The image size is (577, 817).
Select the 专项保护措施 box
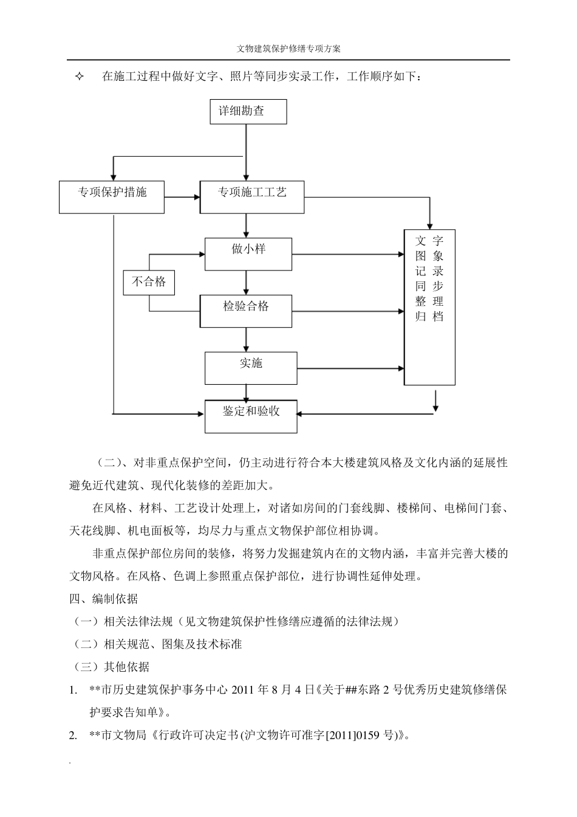112,196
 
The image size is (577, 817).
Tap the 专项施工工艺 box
252,196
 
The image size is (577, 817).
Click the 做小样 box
248,253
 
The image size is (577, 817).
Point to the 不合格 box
149,282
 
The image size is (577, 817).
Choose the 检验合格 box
246,311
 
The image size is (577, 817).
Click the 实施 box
251,368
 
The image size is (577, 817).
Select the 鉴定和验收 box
251,416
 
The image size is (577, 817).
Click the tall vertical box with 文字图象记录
429,307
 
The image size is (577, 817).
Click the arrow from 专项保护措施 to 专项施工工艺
182,196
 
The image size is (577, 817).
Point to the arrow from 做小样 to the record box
348,253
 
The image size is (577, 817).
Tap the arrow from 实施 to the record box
350,368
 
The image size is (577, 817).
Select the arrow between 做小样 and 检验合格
246,283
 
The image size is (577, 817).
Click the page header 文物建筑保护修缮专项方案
288,49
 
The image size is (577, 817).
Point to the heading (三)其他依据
111,667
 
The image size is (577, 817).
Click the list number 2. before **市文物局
73,736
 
